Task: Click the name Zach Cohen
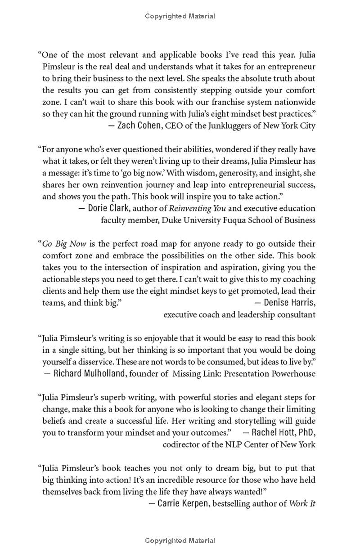click(x=139, y=126)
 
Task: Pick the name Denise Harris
click(x=290, y=302)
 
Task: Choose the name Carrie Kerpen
click(x=183, y=503)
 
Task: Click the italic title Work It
click(x=302, y=503)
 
